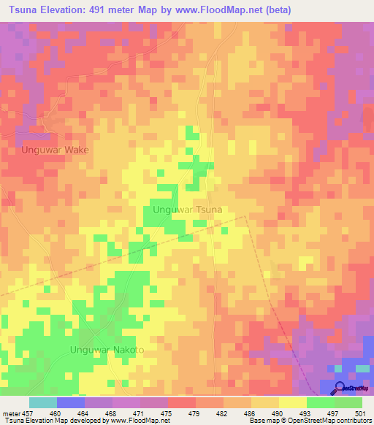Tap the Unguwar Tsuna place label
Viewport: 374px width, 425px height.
(187, 210)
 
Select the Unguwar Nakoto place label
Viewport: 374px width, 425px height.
(107, 350)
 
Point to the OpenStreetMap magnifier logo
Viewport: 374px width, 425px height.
(340, 388)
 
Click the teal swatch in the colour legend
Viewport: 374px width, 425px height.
(43, 402)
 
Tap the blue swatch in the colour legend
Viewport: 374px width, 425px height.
(71, 402)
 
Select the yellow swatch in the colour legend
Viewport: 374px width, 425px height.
(293, 402)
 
